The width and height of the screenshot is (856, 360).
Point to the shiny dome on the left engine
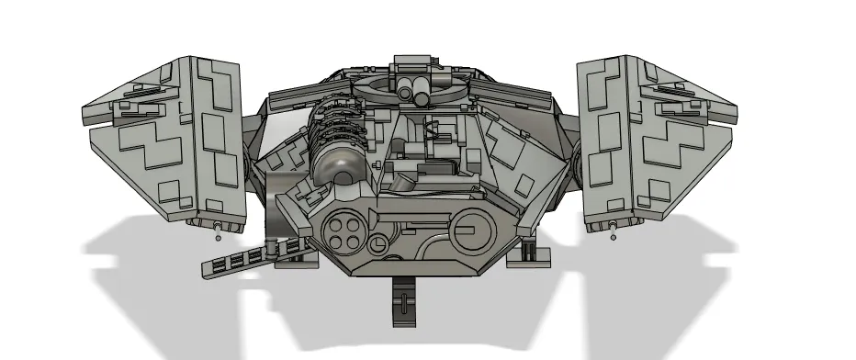click(335, 173)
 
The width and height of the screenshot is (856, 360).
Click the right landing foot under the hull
click(528, 250)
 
